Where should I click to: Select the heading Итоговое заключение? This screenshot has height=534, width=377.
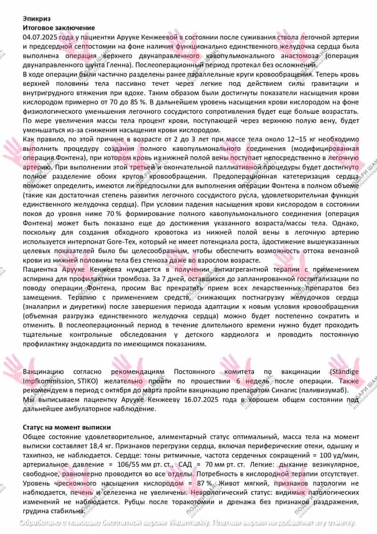[x=59, y=28]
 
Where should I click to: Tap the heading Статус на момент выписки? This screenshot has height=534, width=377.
[x=66, y=427]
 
